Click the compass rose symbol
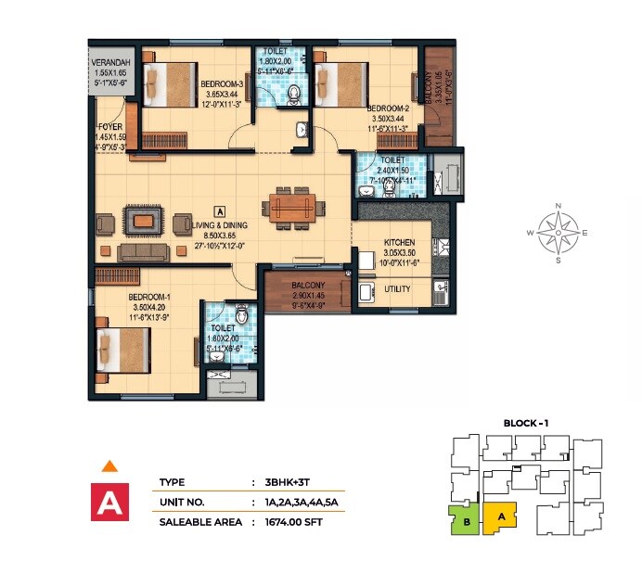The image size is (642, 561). (x=558, y=232)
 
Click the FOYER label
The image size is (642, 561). (x=109, y=128)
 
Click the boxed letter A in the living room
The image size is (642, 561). (x=220, y=210)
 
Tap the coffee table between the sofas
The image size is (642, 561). (x=142, y=222)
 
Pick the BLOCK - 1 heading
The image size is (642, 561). (x=526, y=423)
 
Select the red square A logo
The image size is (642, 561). (x=109, y=502)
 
